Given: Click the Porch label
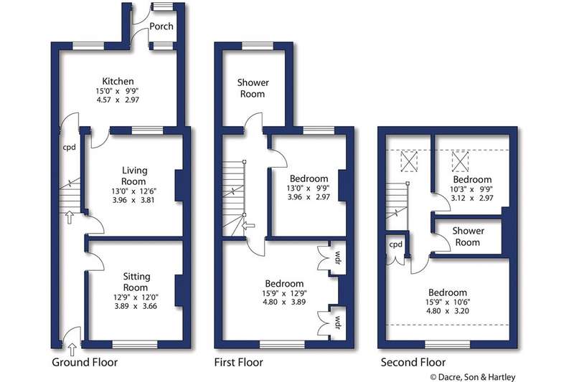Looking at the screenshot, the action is [x=161, y=27].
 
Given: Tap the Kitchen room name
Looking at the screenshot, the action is [x=118, y=81].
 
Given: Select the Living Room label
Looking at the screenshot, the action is [x=134, y=176].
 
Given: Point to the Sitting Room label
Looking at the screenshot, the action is [x=136, y=282].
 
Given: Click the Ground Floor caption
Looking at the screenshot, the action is [x=85, y=362].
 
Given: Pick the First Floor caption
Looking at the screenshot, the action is [x=239, y=362].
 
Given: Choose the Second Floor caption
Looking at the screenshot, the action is [x=413, y=362].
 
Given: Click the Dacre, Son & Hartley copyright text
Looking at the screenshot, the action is [x=473, y=377].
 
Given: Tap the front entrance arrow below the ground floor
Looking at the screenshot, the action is [x=72, y=350].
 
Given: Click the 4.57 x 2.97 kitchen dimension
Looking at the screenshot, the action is [x=118, y=100].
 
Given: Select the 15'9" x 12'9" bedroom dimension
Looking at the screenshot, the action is [x=284, y=293].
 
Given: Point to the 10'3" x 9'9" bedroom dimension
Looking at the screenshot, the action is [x=471, y=189].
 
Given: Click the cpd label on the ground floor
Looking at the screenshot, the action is [x=69, y=148].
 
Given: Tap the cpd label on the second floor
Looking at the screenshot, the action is [x=396, y=244].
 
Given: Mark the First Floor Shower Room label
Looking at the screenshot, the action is [x=253, y=88].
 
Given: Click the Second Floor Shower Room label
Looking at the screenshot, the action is [x=469, y=237].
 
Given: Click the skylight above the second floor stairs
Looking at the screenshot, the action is [x=409, y=161].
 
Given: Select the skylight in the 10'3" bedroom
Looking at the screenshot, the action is [x=460, y=161].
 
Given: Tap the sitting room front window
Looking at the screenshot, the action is [x=135, y=344].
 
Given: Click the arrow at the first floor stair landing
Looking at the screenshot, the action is [x=249, y=226].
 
